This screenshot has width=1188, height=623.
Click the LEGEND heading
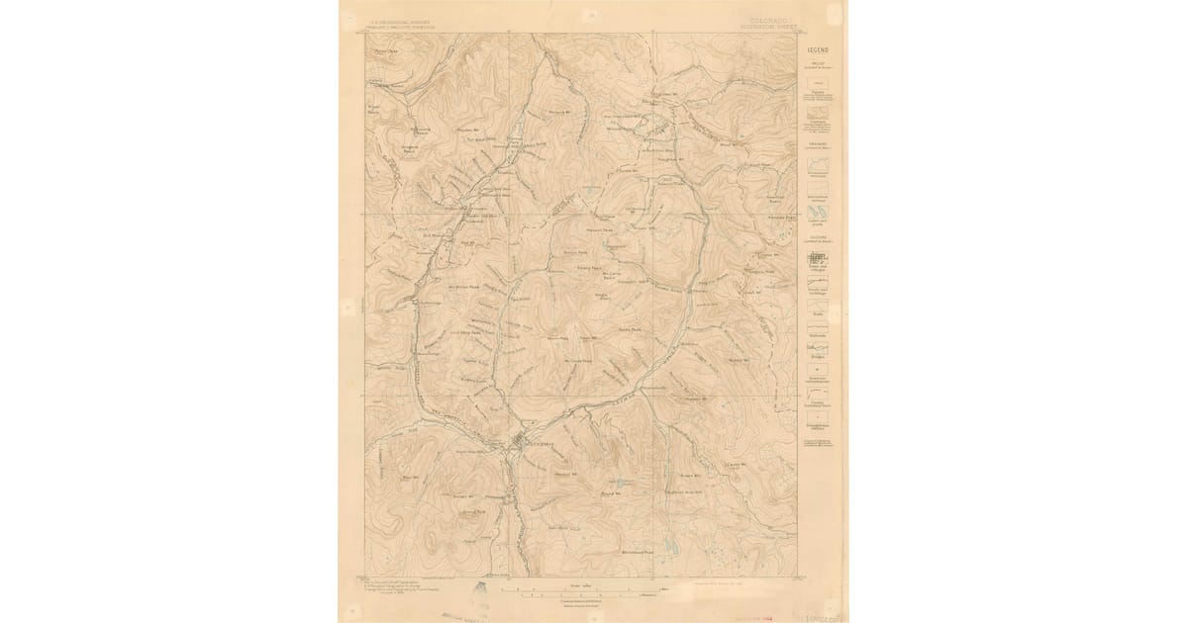tap(818, 48)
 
